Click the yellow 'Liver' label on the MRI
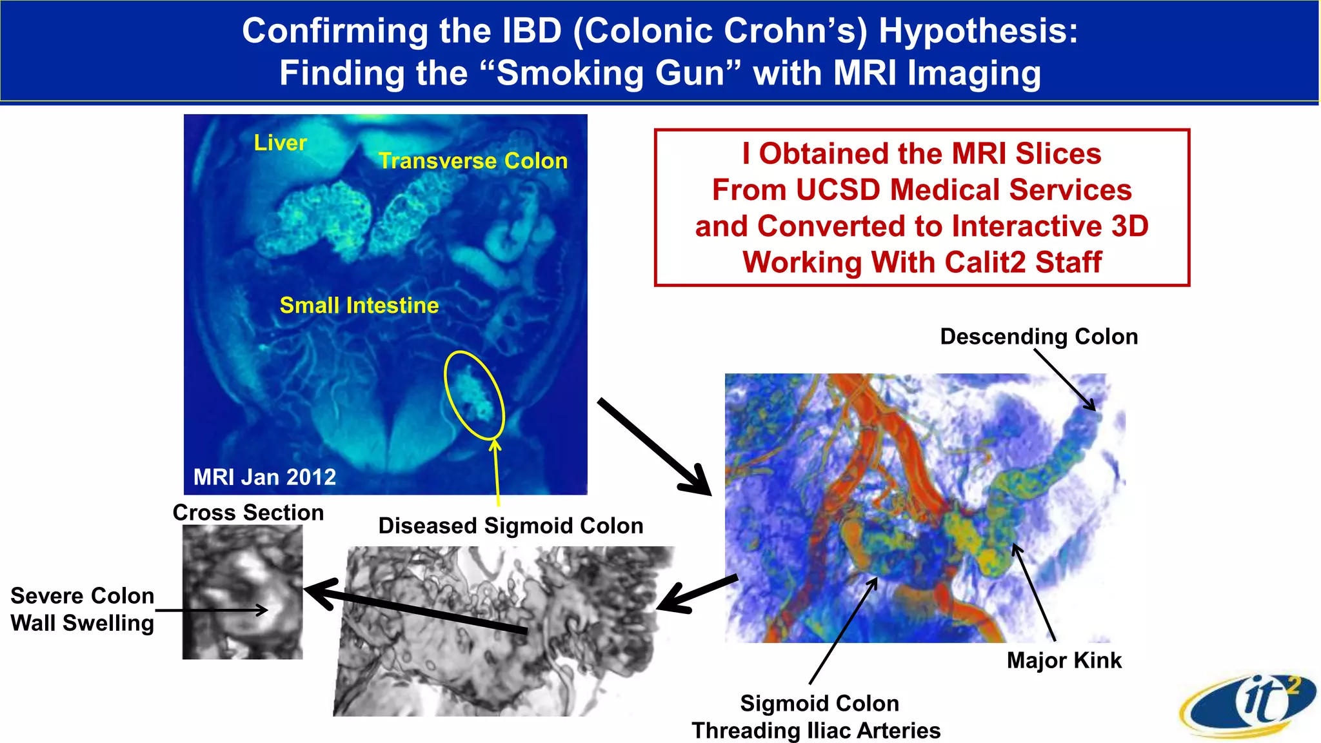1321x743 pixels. (x=280, y=143)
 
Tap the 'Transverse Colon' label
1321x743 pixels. (x=473, y=161)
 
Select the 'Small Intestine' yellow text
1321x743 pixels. (x=359, y=305)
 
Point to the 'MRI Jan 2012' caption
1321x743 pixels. (x=264, y=477)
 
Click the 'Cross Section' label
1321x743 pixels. (x=248, y=513)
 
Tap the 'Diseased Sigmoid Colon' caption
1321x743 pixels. (x=510, y=526)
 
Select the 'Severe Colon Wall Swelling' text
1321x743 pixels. (x=82, y=609)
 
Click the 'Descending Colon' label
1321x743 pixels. (x=1038, y=337)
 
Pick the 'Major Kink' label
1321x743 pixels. (x=1064, y=660)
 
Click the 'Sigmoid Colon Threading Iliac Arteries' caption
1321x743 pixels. (x=817, y=717)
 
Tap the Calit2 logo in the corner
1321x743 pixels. (x=1248, y=706)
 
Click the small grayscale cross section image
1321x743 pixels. (x=243, y=592)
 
